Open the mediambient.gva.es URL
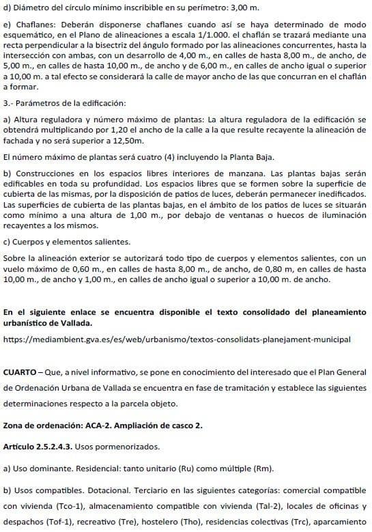point(177,339)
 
